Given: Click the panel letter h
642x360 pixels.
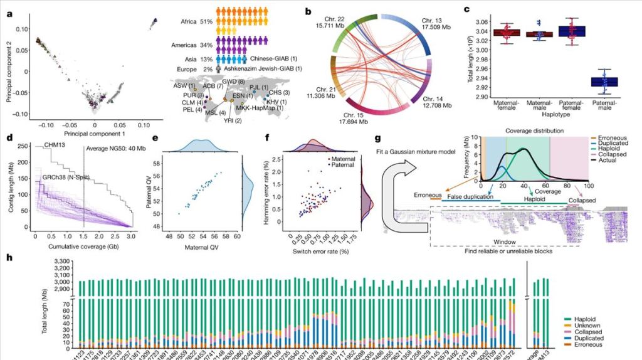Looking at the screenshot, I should (8, 257).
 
